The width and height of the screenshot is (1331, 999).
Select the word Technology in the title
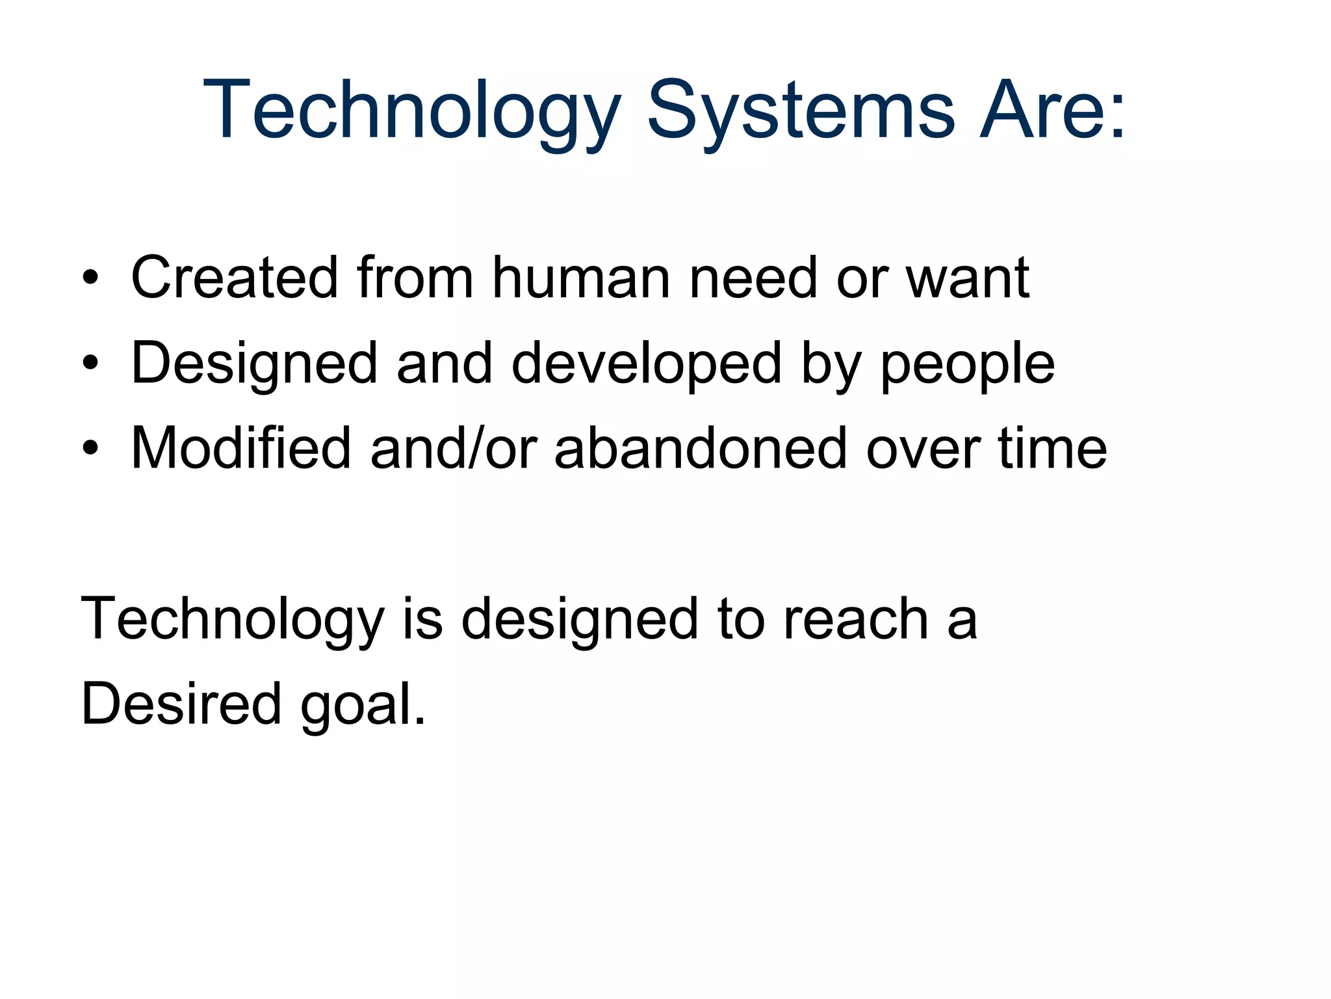pyautogui.click(x=412, y=111)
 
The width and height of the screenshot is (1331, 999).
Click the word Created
pyautogui.click(x=235, y=278)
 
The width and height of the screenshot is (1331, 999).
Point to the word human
pyautogui.click(x=581, y=278)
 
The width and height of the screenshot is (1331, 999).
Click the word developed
pyautogui.click(x=646, y=364)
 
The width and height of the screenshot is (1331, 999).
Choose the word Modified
pyautogui.click(x=241, y=448)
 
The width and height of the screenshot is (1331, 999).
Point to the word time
pyautogui.click(x=1052, y=448)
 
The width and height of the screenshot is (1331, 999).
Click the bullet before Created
pyautogui.click(x=90, y=279)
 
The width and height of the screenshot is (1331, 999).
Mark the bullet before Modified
pyautogui.click(x=90, y=448)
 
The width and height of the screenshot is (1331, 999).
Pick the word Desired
pyautogui.click(x=181, y=704)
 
